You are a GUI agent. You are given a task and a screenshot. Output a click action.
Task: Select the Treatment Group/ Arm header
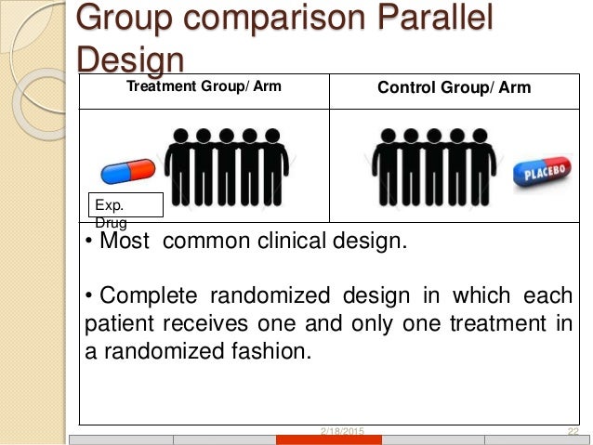(204, 88)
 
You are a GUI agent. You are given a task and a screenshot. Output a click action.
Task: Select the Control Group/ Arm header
(454, 89)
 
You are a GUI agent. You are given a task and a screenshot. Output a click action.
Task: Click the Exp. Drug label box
(125, 205)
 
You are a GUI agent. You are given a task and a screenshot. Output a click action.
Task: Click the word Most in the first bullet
(127, 243)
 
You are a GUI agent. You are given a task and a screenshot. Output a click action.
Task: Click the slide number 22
(573, 432)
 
